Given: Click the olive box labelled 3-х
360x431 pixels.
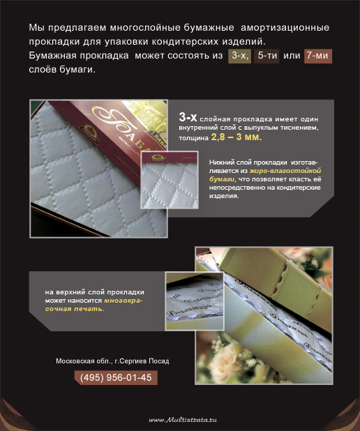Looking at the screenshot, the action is [239, 56].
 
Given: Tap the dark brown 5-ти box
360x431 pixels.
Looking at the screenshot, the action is [267, 56].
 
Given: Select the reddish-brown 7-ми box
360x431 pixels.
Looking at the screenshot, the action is [318, 56].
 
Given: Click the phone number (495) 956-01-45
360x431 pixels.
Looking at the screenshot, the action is [116, 377].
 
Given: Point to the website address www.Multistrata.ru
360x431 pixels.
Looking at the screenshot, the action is [183, 420].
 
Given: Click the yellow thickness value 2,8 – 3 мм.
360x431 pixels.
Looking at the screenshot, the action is [237, 137].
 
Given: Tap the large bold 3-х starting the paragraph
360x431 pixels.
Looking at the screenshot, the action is [188, 117].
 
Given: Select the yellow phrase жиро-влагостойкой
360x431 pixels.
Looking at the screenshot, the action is [285, 171].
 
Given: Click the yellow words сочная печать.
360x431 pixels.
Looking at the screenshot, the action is [75, 309].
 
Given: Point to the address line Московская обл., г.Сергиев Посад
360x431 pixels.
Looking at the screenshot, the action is [112, 361].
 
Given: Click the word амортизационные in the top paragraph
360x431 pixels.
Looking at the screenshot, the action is [285, 27].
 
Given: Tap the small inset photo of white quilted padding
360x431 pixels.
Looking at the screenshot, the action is [170, 180].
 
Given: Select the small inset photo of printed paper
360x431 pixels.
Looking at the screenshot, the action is [195, 301].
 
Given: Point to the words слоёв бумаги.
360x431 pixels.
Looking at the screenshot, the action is [62, 70].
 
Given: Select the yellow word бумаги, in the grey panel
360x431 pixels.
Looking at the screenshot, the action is [223, 179].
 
